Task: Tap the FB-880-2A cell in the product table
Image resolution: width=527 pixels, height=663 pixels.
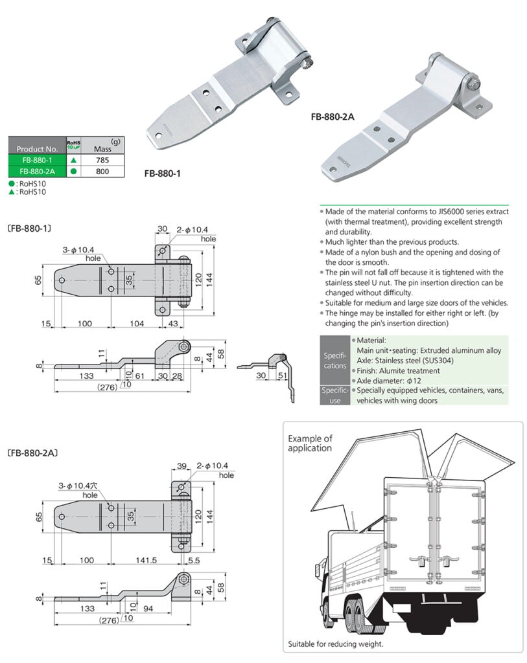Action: [x=36, y=171]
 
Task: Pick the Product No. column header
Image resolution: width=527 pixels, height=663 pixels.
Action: [x=36, y=148]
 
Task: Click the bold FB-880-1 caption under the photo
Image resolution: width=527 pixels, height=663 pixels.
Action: [x=161, y=174]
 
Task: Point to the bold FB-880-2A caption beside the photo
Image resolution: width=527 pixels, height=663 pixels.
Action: [x=332, y=117]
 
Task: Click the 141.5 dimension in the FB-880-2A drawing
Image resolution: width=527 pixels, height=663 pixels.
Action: [x=146, y=560]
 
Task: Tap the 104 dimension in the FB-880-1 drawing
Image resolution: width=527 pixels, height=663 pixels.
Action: [x=136, y=322]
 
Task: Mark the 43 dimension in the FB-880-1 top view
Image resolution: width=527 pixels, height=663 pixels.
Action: [x=174, y=322]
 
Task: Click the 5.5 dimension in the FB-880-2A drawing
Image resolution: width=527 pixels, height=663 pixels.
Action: [x=194, y=560]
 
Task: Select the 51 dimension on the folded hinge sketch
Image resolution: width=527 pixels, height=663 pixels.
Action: [x=282, y=376]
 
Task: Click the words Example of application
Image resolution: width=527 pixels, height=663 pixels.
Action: [x=310, y=443]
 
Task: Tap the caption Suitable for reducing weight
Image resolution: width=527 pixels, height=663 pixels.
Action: [x=336, y=644]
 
